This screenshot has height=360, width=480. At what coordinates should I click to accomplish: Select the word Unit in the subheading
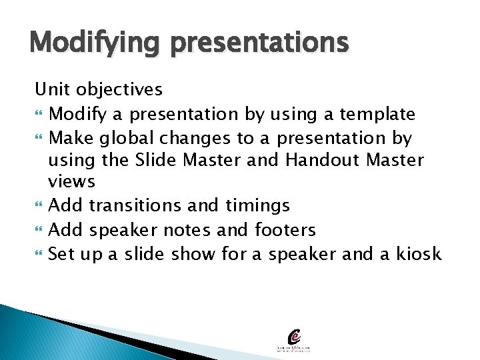point(51,89)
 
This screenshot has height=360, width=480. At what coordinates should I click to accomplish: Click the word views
point(72,182)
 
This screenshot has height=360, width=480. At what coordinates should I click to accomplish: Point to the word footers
point(285,229)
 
